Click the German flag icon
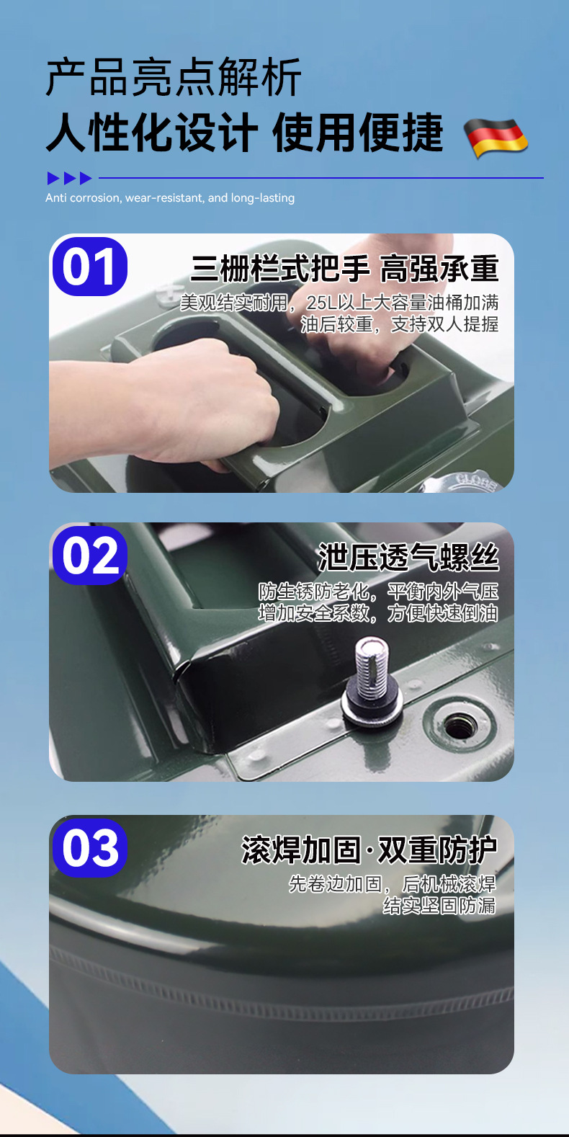(x=496, y=138)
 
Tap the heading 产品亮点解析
(x=174, y=77)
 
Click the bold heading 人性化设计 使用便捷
(x=245, y=133)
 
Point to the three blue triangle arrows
(x=70, y=178)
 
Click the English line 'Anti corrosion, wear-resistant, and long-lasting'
(x=170, y=198)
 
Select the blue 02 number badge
(x=90, y=556)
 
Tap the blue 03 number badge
(x=90, y=848)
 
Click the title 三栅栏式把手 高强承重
(x=345, y=269)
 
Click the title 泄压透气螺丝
(x=408, y=558)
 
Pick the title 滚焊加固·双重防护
(x=369, y=850)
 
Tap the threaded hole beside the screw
(x=460, y=724)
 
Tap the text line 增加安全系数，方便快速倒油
(x=378, y=613)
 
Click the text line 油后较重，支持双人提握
(x=400, y=324)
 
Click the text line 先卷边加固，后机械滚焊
(x=393, y=883)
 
